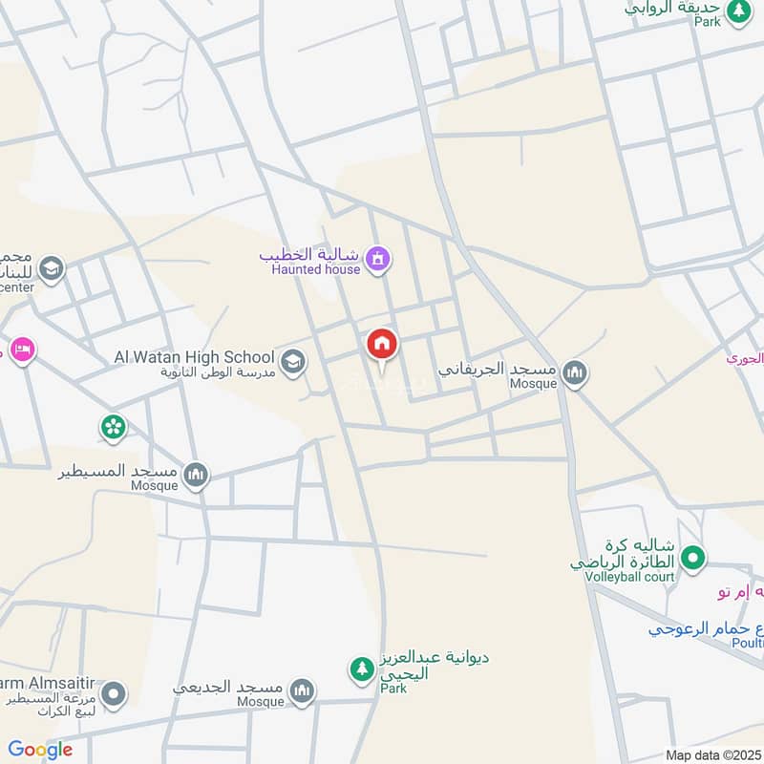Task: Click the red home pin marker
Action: tap(383, 345)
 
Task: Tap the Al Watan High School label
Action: tap(194, 356)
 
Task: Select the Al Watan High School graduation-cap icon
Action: tap(293, 361)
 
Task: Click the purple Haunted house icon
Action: tap(379, 259)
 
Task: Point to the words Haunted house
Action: tap(316, 269)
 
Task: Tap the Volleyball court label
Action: tap(631, 576)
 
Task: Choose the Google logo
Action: tap(40, 750)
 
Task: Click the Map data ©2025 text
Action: tap(712, 754)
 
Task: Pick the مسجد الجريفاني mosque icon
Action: tap(574, 372)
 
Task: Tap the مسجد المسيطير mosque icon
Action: tap(196, 475)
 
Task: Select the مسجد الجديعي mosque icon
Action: tap(302, 692)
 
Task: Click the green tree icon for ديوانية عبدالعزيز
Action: tap(361, 669)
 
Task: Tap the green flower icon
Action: tap(114, 427)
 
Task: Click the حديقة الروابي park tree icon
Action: tap(738, 11)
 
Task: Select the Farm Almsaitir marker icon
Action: tap(114, 695)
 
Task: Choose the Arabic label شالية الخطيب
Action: tap(308, 255)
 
